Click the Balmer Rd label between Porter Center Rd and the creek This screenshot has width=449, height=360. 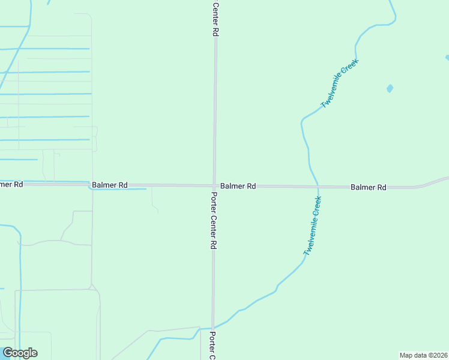(238, 187)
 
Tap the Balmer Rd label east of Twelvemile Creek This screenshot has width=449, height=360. (368, 188)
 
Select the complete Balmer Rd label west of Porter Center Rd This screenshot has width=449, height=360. (109, 185)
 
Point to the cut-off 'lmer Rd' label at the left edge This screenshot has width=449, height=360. (11, 184)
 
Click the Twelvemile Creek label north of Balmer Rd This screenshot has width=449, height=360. (340, 83)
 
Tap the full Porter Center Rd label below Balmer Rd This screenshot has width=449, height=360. (212, 220)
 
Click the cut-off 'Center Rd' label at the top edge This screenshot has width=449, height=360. (215, 18)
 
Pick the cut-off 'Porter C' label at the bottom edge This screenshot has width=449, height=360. (212, 345)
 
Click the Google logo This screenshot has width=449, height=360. (20, 353)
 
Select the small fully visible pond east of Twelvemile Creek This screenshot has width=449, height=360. (390, 89)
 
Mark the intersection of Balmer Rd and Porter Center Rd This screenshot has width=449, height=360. (214, 185)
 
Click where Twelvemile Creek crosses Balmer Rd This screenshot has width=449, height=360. (318, 187)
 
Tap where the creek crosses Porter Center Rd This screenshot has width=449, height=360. (212, 328)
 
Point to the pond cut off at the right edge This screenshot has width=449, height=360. (447, 58)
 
